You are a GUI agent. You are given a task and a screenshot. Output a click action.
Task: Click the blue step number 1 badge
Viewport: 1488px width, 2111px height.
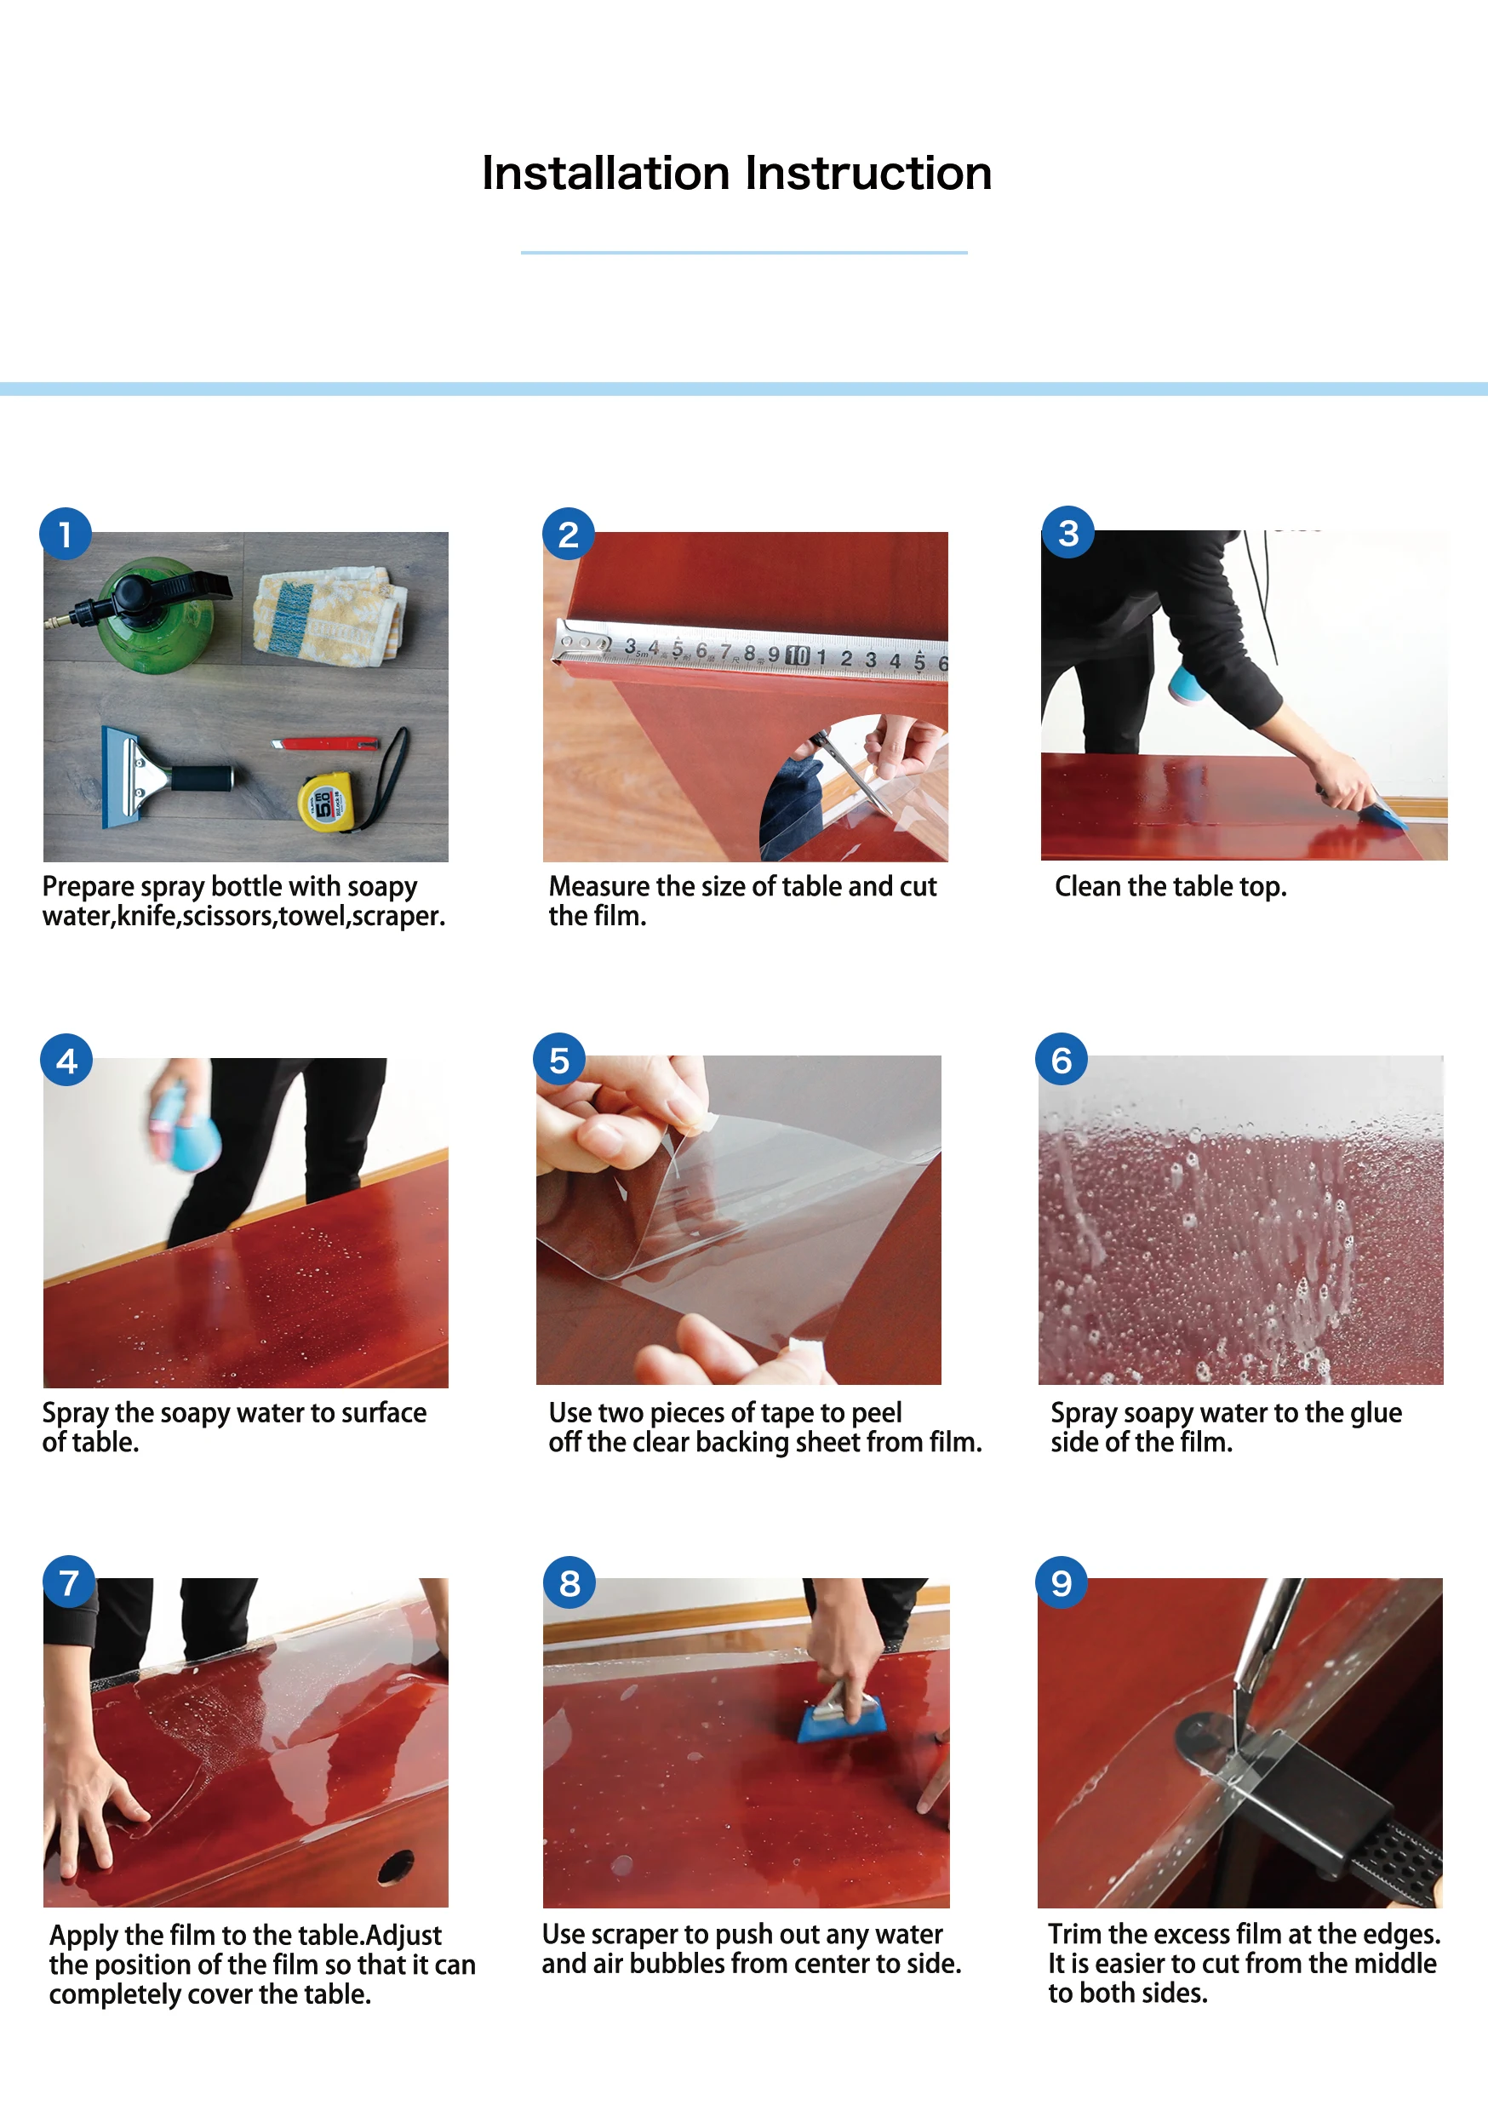(66, 533)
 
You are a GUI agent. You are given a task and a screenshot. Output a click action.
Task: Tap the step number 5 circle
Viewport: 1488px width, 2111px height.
(559, 1060)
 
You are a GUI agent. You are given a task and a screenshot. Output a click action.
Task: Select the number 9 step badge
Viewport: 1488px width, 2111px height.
(1062, 1582)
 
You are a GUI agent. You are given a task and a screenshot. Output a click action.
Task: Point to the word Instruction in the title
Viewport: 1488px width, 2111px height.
(869, 173)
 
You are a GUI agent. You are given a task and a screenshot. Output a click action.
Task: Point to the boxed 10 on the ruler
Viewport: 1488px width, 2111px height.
(798, 655)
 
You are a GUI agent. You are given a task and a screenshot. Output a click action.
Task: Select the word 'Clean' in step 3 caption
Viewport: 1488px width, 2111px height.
(1089, 886)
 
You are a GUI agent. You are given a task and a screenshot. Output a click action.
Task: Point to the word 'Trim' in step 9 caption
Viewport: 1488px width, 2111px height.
(1074, 1935)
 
